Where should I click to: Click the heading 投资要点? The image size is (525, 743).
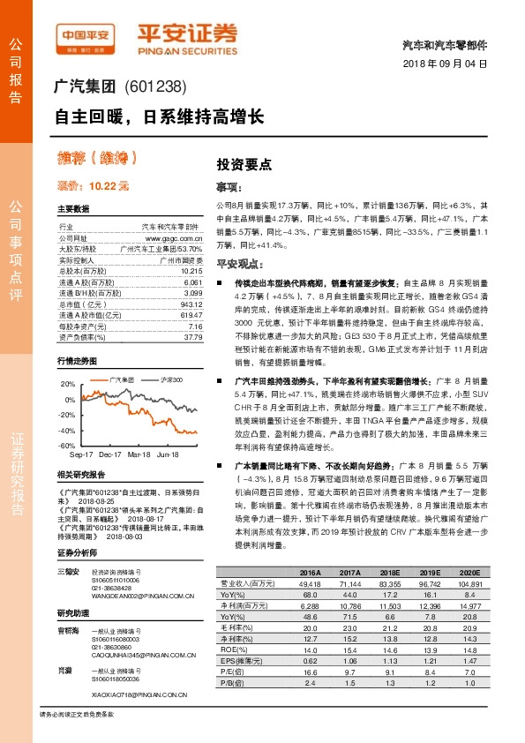[x=244, y=164]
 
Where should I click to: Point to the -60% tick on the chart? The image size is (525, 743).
[x=65, y=446]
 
